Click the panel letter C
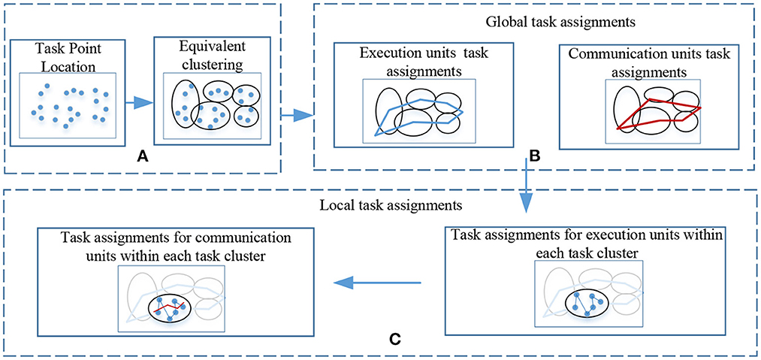394,339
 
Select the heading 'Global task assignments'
533,23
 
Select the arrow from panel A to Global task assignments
296,115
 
